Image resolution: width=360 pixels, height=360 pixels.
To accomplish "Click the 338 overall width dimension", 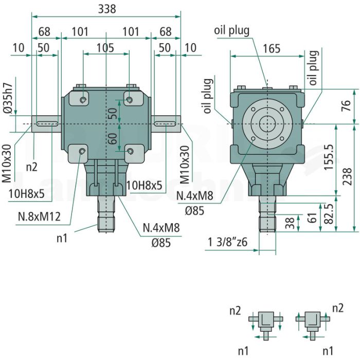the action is point(107,9).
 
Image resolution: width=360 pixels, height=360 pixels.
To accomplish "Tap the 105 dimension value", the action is point(105,48).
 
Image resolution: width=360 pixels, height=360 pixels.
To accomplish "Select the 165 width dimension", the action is point(272,49).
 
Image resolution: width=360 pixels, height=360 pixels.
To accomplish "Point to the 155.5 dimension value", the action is point(329,157).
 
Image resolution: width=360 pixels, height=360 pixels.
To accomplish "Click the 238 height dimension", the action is point(347,176).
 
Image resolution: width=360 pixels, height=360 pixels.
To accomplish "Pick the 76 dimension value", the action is point(346,105).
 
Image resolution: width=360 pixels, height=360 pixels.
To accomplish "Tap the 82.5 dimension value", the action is point(329,214).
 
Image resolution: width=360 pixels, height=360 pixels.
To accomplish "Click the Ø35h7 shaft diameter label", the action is point(9,98).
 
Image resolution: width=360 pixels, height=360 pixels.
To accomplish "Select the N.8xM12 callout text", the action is point(39,217).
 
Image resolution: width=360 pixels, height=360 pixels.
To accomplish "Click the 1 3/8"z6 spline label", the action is point(227,242).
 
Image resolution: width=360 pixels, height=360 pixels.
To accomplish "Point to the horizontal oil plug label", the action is point(231,30).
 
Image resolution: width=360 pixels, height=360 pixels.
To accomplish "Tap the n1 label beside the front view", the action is point(62,239).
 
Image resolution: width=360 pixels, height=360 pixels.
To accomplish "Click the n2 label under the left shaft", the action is point(31,167).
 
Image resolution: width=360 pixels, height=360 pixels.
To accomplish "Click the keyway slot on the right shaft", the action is point(165,124).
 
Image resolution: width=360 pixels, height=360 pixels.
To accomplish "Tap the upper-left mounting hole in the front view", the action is point(83,100).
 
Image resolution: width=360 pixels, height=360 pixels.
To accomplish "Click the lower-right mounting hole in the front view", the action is point(130,151).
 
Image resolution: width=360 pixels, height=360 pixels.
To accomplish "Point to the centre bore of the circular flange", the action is point(267,124).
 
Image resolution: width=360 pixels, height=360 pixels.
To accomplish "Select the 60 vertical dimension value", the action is point(113,139).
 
